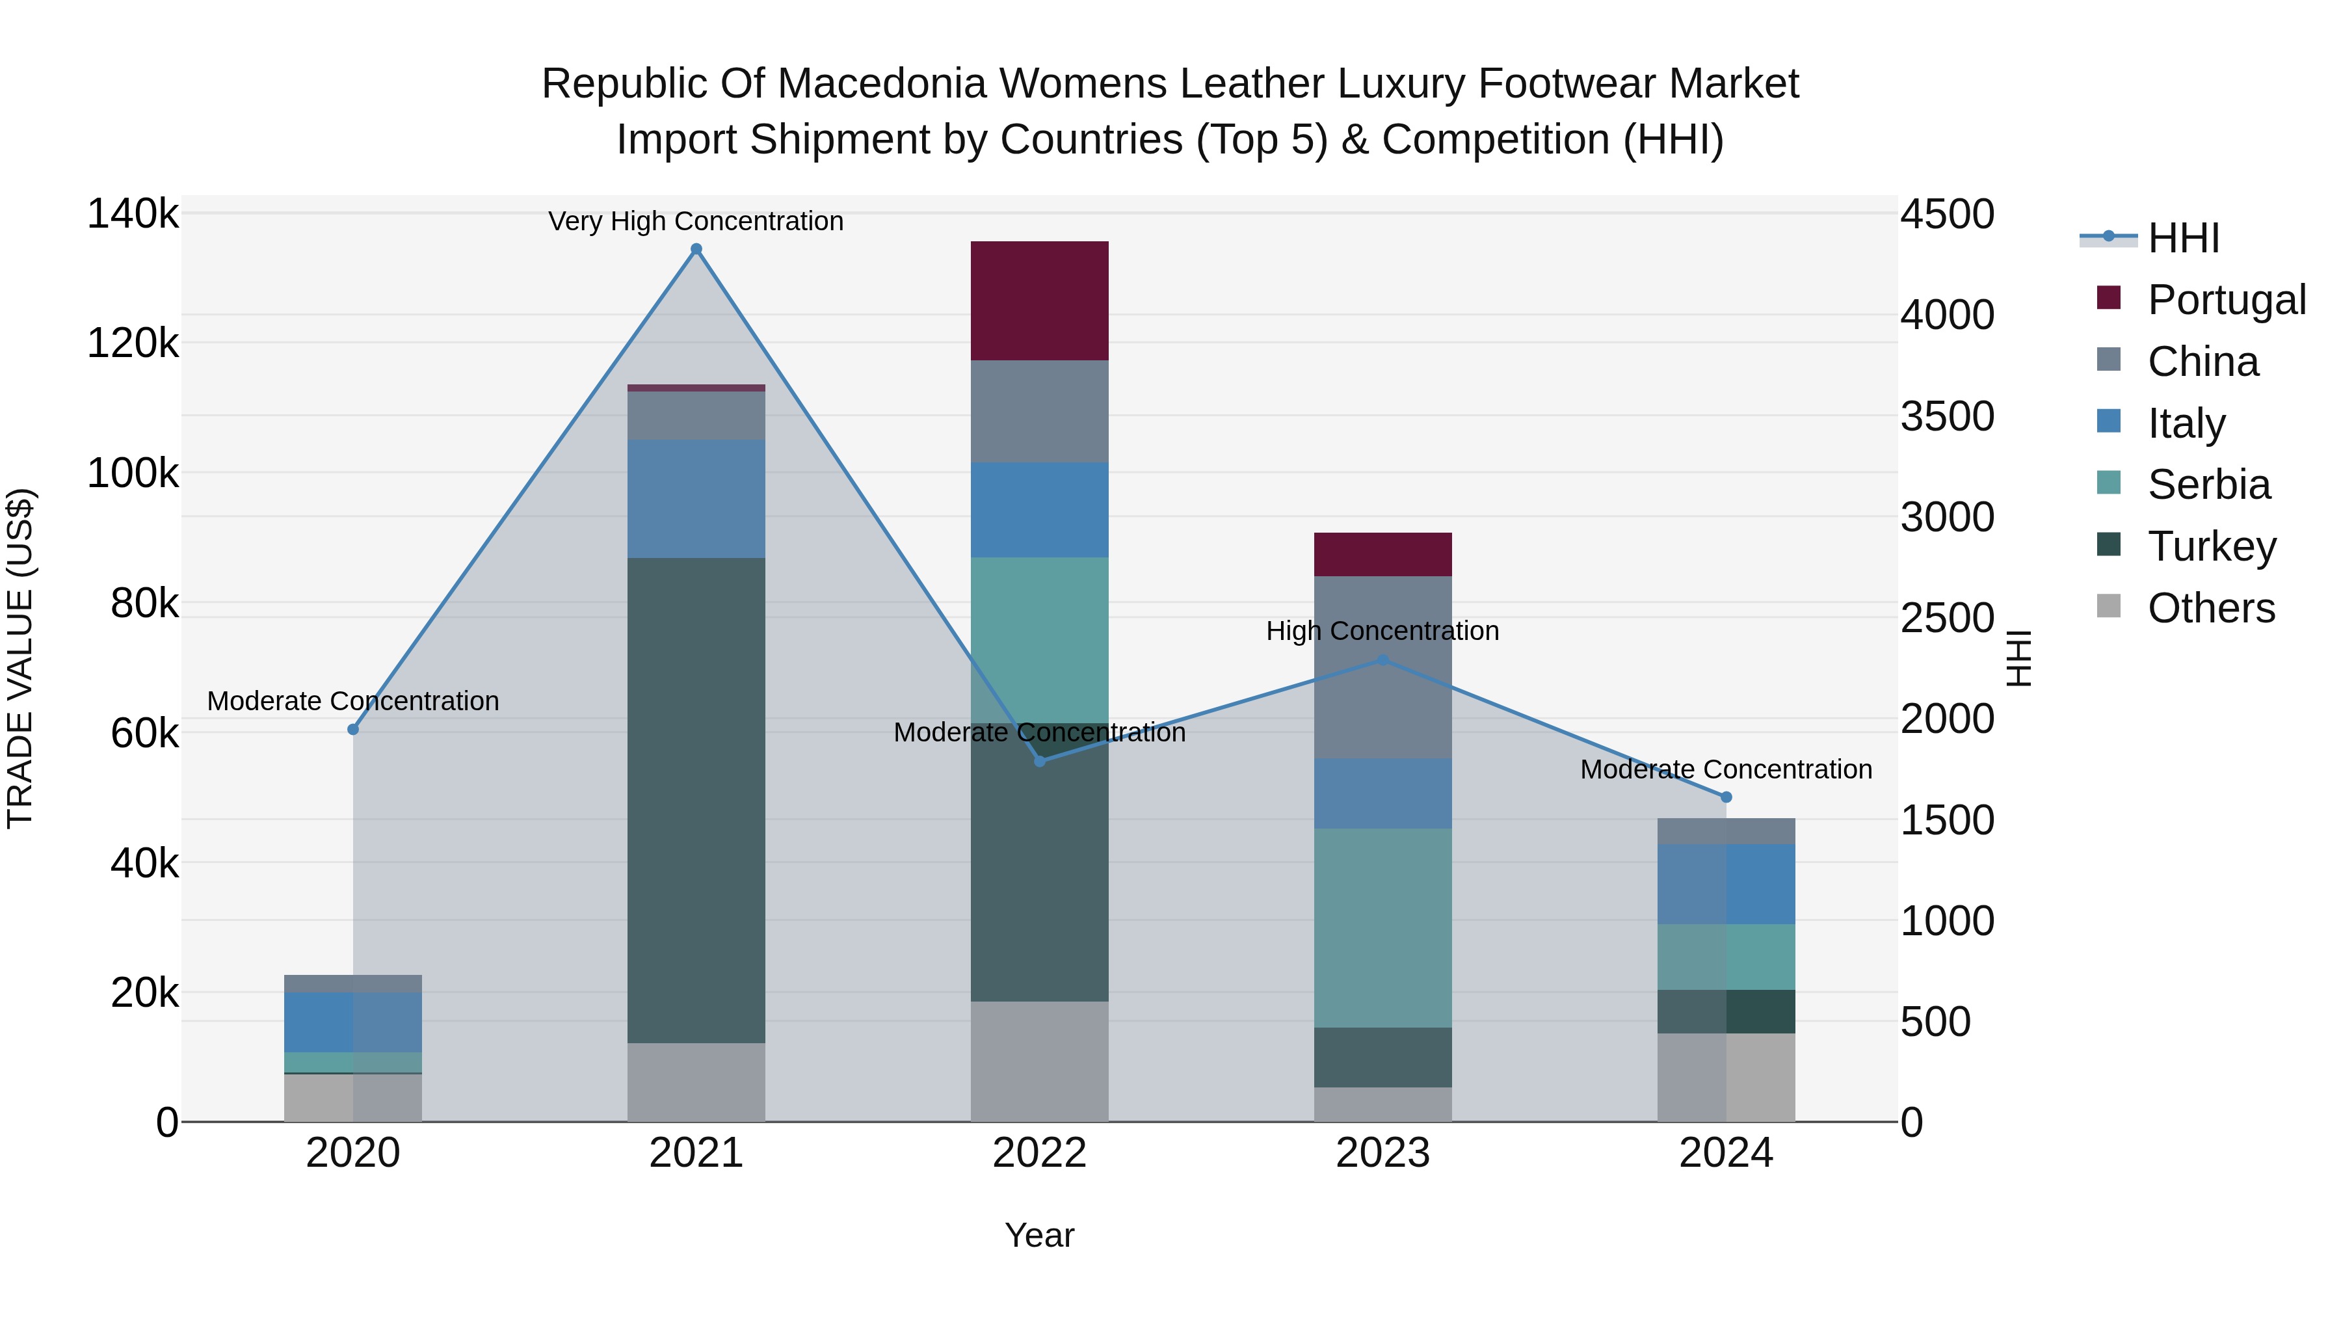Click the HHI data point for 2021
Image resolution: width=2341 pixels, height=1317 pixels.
tap(696, 249)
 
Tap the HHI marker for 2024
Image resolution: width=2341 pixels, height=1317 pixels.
tap(1726, 797)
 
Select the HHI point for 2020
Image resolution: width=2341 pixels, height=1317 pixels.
tap(354, 729)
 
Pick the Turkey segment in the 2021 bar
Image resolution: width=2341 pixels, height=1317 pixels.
tap(696, 800)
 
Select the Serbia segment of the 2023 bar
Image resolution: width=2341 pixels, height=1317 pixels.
tap(1382, 927)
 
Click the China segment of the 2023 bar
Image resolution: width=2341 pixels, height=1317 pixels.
tap(1382, 667)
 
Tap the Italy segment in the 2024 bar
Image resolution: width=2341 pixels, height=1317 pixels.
tap(1726, 885)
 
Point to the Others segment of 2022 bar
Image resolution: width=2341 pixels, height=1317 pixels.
tap(1040, 1061)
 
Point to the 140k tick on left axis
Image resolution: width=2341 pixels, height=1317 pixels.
tap(133, 215)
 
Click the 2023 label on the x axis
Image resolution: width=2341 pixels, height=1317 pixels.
tap(1382, 1153)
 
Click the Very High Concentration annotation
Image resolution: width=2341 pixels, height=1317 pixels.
tap(696, 221)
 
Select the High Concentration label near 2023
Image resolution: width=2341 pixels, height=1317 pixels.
tap(1382, 631)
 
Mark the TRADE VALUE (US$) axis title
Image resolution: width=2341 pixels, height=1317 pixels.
tap(20, 658)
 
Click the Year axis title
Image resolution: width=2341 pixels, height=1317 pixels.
tap(1040, 1235)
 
